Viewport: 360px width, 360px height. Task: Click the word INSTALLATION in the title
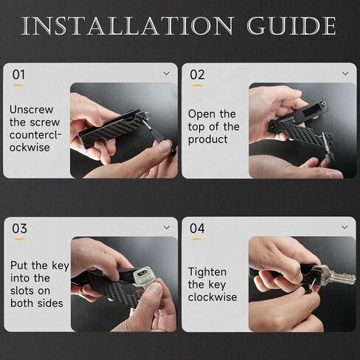click(127, 26)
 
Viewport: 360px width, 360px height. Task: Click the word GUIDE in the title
click(291, 26)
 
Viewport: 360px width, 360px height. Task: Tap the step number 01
click(18, 75)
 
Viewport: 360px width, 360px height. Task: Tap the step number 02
click(197, 75)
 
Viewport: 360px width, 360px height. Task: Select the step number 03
click(19, 229)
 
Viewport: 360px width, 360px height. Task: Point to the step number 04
click(197, 228)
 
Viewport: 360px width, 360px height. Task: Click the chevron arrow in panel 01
click(167, 73)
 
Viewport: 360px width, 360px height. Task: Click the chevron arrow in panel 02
click(345, 73)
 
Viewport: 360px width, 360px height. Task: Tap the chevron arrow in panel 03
click(167, 227)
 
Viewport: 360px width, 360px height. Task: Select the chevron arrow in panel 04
click(345, 227)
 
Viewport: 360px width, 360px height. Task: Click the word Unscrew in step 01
click(31, 110)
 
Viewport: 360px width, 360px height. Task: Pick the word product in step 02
click(208, 139)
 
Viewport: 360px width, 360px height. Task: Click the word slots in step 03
click(23, 291)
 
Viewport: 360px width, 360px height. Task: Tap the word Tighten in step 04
click(207, 272)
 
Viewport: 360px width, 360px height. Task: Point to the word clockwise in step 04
click(212, 297)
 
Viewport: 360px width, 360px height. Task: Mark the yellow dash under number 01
click(18, 86)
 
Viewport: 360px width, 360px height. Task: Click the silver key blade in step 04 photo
click(342, 277)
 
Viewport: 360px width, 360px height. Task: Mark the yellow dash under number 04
click(197, 239)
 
